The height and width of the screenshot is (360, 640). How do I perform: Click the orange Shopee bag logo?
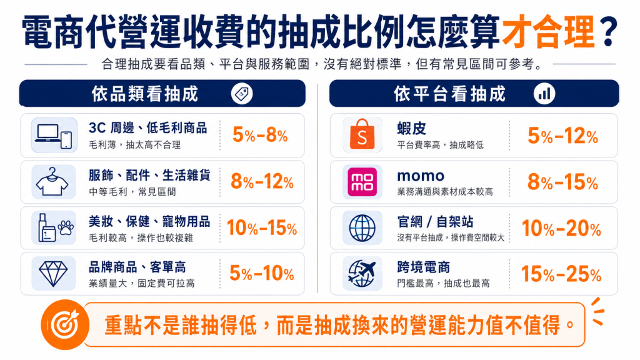pos(362,134)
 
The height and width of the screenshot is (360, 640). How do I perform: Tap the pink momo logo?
pos(362,182)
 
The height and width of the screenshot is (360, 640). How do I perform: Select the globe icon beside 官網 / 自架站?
pos(362,227)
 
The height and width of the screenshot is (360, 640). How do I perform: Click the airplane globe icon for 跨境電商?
pos(362,274)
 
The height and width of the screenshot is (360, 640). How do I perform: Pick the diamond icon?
pos(53,274)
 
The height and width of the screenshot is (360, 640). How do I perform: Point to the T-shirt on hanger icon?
pos(52,182)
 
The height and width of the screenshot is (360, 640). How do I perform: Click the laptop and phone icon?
pos(54,135)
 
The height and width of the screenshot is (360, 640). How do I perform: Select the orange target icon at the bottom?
pos(65,325)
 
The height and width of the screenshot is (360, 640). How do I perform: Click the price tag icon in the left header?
pos(242,94)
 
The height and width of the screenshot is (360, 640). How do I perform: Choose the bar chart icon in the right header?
pos(544,94)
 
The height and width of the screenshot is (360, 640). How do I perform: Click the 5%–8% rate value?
pos(260,135)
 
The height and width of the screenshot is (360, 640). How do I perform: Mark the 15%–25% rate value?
pos(561,274)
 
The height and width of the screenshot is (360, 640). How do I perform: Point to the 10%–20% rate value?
pos(561,228)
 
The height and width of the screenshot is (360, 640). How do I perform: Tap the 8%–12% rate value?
pos(262,182)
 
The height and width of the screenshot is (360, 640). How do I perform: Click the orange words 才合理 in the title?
pos(548,32)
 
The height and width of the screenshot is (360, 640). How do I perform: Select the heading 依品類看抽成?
pos(145,94)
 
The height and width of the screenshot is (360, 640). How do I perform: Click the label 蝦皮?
pos(411,129)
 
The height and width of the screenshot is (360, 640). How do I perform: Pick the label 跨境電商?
pos(424,267)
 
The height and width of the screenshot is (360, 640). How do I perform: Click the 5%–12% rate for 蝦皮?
pos(562,136)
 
